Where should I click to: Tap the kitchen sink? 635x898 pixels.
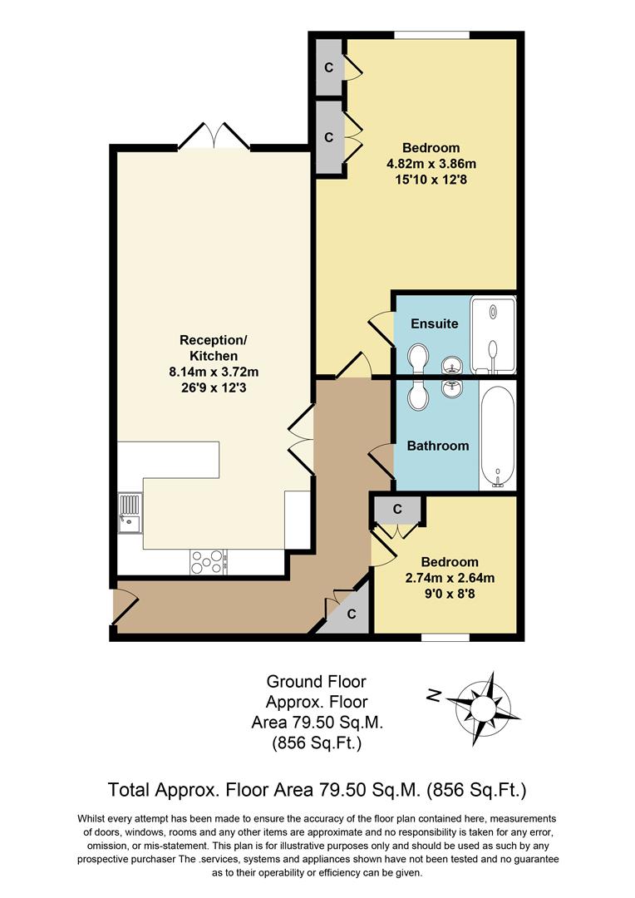coord(130,514)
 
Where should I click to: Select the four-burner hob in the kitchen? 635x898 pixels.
coord(209,562)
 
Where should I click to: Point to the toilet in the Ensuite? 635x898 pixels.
coord(418,357)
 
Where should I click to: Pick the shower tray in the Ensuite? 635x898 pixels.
coord(492,334)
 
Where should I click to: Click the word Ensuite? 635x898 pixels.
coord(435,323)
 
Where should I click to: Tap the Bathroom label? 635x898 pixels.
coord(437,446)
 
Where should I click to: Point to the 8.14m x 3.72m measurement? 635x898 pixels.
coord(214,372)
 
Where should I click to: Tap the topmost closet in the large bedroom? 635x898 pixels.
coord(329,66)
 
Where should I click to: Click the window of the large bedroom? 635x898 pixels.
coord(431,34)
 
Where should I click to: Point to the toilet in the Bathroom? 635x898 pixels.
coord(418,395)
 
